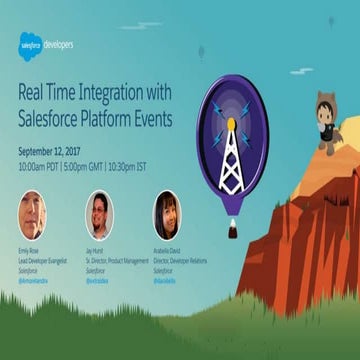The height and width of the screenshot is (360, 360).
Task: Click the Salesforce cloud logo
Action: tap(31, 43)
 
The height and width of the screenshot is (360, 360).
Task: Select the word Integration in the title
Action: tap(111, 92)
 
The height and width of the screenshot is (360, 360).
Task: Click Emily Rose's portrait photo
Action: tap(32, 213)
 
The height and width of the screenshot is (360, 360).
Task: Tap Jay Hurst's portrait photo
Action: tap(99, 214)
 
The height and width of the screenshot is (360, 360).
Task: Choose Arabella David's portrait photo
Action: tap(166, 214)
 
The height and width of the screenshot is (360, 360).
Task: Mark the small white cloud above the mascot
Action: tap(330, 22)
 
